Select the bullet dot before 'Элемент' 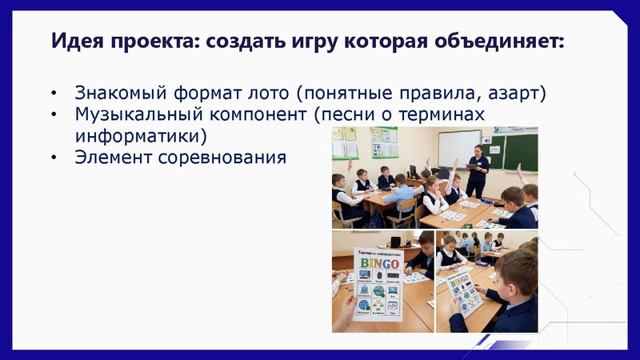click(54, 157)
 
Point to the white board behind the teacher click(459, 147)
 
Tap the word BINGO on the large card click(378, 262)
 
